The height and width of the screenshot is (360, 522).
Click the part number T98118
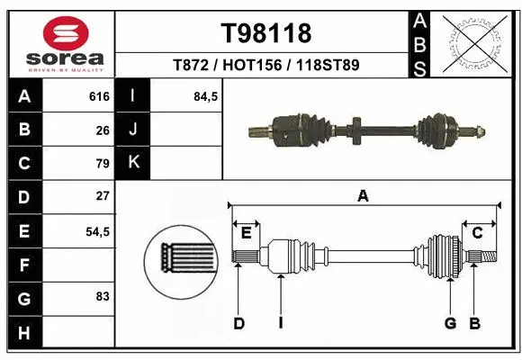coord(266,33)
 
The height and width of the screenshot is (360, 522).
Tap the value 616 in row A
coord(99,96)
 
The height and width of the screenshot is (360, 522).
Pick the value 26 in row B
coord(103,130)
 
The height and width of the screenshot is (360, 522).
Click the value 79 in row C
coord(103,164)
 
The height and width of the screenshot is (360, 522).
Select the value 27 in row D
coord(103,196)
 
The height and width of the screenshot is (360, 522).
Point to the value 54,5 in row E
coord(97,230)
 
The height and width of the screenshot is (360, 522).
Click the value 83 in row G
coord(103,296)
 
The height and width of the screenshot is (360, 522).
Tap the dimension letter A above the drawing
coord(363,195)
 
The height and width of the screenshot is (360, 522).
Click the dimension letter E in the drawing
coord(246,233)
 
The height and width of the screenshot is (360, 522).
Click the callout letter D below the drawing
coord(238,322)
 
